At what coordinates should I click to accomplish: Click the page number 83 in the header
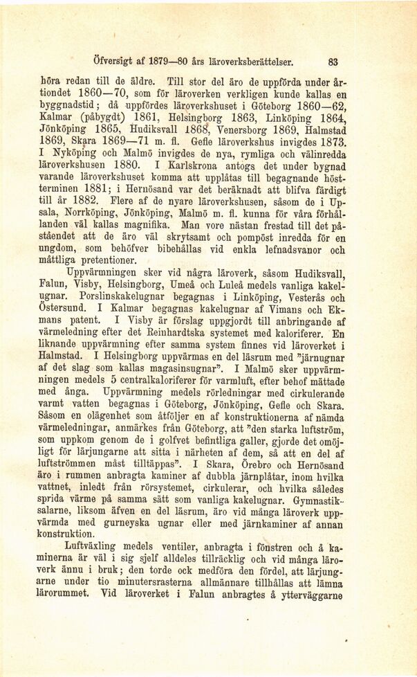(x=333, y=60)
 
